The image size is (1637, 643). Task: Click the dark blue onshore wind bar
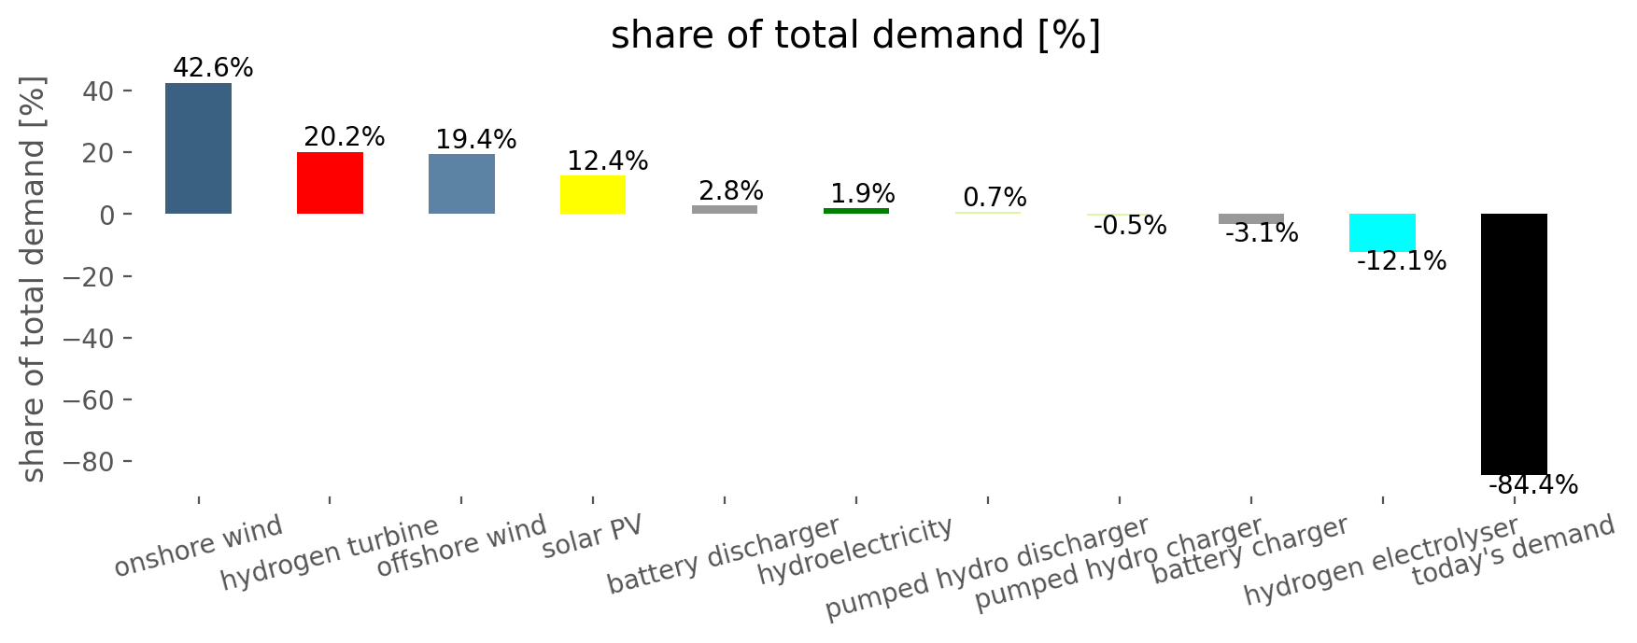tap(198, 148)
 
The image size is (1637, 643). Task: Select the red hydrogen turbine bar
tap(330, 183)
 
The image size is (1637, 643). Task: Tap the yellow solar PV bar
tap(593, 195)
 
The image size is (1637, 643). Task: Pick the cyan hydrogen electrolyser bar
tap(1382, 232)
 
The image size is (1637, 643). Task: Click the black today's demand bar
tap(1514, 343)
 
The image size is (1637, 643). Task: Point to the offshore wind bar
tap(461, 184)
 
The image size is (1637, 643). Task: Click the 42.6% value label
tap(213, 68)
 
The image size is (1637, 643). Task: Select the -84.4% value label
tap(1533, 485)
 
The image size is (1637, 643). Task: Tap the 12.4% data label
tap(608, 161)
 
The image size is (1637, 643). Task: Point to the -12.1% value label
tap(1401, 261)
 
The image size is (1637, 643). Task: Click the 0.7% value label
tap(995, 198)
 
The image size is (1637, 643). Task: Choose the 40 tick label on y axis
tap(98, 91)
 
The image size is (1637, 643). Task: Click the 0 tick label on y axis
tap(108, 215)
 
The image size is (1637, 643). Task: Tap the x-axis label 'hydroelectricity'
tap(854, 551)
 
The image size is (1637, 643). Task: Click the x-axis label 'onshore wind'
tap(198, 546)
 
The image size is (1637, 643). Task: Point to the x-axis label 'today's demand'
tap(1513, 551)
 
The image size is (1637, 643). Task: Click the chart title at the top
tap(855, 35)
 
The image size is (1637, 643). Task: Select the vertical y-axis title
tap(33, 280)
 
